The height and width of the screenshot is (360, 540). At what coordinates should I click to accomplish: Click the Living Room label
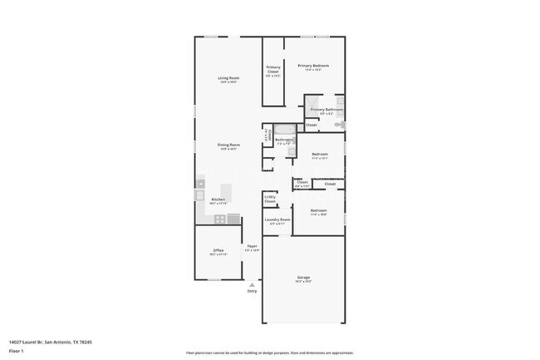[228, 78]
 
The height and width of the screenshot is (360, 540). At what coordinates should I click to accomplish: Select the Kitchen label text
[217, 200]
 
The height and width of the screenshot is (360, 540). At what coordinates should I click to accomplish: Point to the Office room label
[218, 250]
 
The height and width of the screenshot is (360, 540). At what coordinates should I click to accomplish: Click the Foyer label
[251, 246]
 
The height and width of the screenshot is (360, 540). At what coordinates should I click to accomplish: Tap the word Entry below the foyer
[252, 291]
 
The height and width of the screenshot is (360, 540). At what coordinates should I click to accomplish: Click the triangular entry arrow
[252, 284]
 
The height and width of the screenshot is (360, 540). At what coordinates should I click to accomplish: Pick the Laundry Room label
[277, 219]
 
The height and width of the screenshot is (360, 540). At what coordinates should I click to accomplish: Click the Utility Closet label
[270, 200]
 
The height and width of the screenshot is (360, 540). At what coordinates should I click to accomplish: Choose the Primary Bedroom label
[313, 66]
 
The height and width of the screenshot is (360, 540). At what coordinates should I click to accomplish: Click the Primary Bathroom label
[326, 110]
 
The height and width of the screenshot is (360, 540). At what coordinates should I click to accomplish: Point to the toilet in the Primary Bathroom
[339, 125]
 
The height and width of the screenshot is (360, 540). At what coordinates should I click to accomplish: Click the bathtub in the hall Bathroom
[285, 129]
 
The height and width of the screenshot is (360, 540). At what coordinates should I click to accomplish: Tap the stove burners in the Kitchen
[220, 219]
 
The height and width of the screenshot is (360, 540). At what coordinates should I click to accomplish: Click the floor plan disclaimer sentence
[269, 353]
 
